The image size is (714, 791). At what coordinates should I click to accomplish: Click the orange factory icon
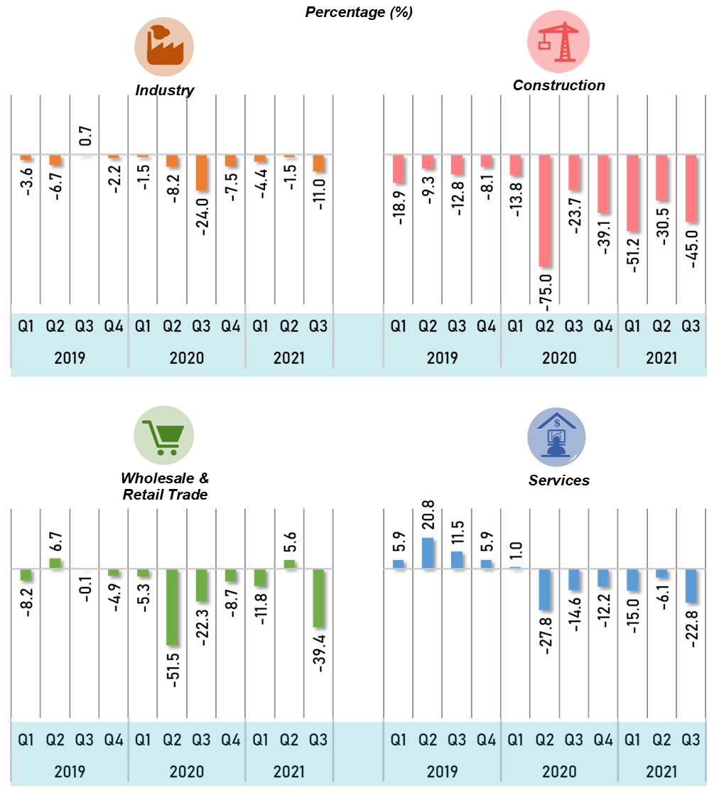[164, 46]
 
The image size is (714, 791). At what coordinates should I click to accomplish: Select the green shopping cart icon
[163, 436]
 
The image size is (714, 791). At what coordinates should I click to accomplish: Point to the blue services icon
[556, 436]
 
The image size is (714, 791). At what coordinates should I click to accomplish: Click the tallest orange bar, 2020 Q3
[201, 173]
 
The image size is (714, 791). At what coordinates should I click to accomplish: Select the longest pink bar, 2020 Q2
[544, 211]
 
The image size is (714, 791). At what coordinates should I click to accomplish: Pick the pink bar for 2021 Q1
[632, 193]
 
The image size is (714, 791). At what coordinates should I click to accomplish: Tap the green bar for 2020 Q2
[172, 607]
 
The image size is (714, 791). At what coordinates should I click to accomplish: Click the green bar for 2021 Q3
[318, 598]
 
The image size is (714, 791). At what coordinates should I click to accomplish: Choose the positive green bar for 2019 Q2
[55, 563]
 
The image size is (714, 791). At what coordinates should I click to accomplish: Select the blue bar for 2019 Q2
[428, 553]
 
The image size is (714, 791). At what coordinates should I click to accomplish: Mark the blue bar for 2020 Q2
[544, 589]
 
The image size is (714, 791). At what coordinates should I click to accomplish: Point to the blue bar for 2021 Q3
[691, 586]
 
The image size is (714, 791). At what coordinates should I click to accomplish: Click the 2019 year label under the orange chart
[70, 357]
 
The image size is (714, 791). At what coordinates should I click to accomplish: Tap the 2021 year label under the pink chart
[661, 357]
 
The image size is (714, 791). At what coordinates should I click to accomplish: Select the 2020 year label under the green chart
[186, 771]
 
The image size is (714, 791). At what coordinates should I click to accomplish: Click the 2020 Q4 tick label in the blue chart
[603, 741]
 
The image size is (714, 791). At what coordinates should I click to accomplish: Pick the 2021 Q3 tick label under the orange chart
[318, 326]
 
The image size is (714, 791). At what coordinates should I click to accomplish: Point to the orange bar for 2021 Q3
[318, 163]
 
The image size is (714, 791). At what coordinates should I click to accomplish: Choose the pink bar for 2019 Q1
[398, 169]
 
